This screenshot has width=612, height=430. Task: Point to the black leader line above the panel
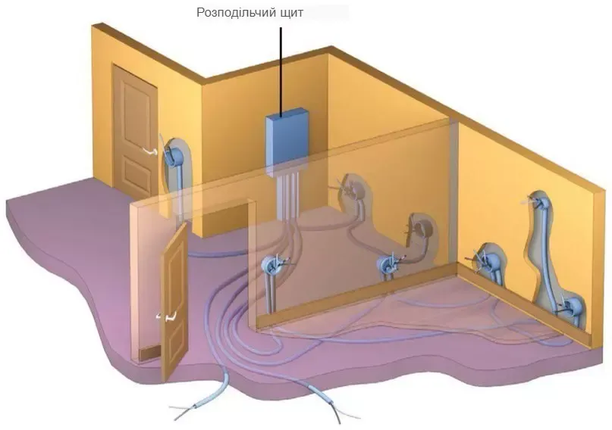click(280, 68)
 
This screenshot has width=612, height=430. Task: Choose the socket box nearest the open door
click(273, 266)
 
